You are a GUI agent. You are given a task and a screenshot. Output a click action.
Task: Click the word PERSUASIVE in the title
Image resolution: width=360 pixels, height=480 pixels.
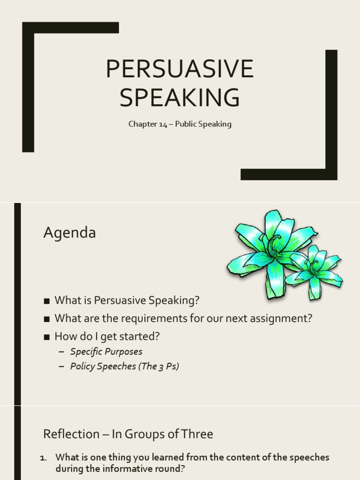click(180, 69)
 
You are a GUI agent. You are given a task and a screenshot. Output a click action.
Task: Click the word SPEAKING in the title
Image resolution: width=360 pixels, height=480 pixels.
click(180, 97)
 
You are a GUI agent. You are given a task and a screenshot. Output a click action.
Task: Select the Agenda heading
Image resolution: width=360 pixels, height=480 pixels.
click(69, 232)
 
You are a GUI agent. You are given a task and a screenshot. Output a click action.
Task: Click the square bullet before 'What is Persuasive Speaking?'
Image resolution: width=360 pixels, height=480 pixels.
click(46, 300)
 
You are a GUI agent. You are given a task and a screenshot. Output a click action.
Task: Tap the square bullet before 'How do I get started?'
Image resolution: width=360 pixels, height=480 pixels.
click(46, 337)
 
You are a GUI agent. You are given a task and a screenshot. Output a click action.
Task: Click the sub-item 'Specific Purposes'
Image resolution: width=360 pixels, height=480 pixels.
click(106, 352)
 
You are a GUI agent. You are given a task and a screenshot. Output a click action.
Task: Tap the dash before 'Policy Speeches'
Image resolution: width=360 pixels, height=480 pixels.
click(61, 367)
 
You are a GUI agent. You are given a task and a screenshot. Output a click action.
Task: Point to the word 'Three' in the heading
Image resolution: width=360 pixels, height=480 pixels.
click(197, 434)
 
